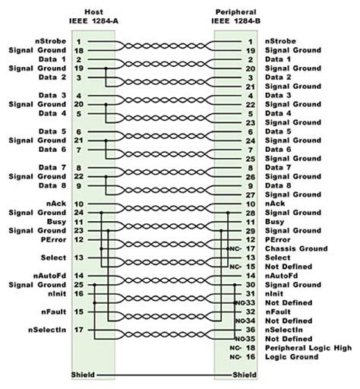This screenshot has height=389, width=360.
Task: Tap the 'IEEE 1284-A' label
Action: tap(93, 21)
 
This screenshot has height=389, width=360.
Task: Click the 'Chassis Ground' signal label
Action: tap(296, 248)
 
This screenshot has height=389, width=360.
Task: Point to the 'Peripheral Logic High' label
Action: tap(308, 348)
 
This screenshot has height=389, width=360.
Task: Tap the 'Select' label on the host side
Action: tap(55, 258)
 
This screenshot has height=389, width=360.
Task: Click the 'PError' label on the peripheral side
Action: tap(278, 239)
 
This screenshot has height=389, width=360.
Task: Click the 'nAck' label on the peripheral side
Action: tap(275, 204)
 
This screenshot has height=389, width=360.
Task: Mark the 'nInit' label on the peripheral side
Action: tap(276, 293)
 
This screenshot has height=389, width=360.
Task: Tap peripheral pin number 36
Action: tap(251, 330)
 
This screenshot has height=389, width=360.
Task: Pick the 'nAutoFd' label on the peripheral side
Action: tap(280, 276)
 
